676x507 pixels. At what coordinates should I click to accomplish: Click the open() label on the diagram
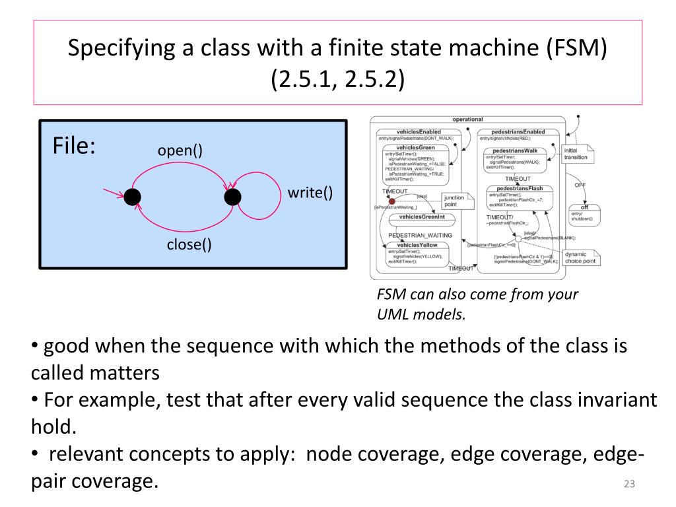(x=180, y=151)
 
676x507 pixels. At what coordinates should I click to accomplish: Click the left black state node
(x=133, y=197)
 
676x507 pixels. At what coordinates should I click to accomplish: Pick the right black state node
(x=232, y=197)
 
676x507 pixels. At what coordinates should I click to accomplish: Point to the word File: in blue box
(x=74, y=146)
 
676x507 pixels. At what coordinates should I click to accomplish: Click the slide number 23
(x=628, y=485)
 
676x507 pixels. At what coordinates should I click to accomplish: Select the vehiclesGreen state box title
(x=413, y=147)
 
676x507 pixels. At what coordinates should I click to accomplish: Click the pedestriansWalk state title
(x=515, y=151)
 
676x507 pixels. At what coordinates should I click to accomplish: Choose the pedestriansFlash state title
(x=520, y=188)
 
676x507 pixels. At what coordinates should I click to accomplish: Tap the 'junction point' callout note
(x=454, y=201)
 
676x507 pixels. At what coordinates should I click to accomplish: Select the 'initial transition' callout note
(x=575, y=154)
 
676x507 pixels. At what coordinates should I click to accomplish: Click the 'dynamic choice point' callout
(x=580, y=257)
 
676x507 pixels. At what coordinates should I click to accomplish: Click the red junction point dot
(x=391, y=201)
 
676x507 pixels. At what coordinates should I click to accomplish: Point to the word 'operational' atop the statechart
(x=467, y=119)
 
